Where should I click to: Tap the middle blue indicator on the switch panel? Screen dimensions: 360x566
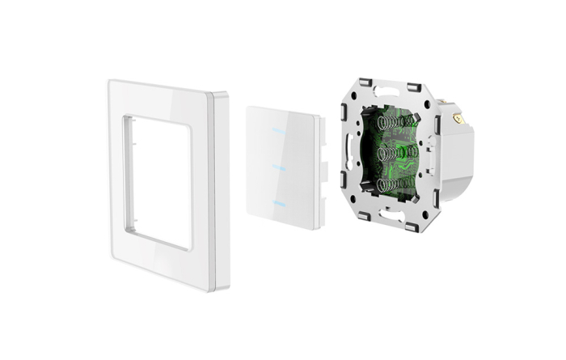coord(280,167)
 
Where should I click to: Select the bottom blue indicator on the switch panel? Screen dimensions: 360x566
coord(280,201)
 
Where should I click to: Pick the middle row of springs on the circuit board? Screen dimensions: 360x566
coord(396,155)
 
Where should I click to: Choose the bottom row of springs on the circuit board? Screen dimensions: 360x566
coord(396,186)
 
